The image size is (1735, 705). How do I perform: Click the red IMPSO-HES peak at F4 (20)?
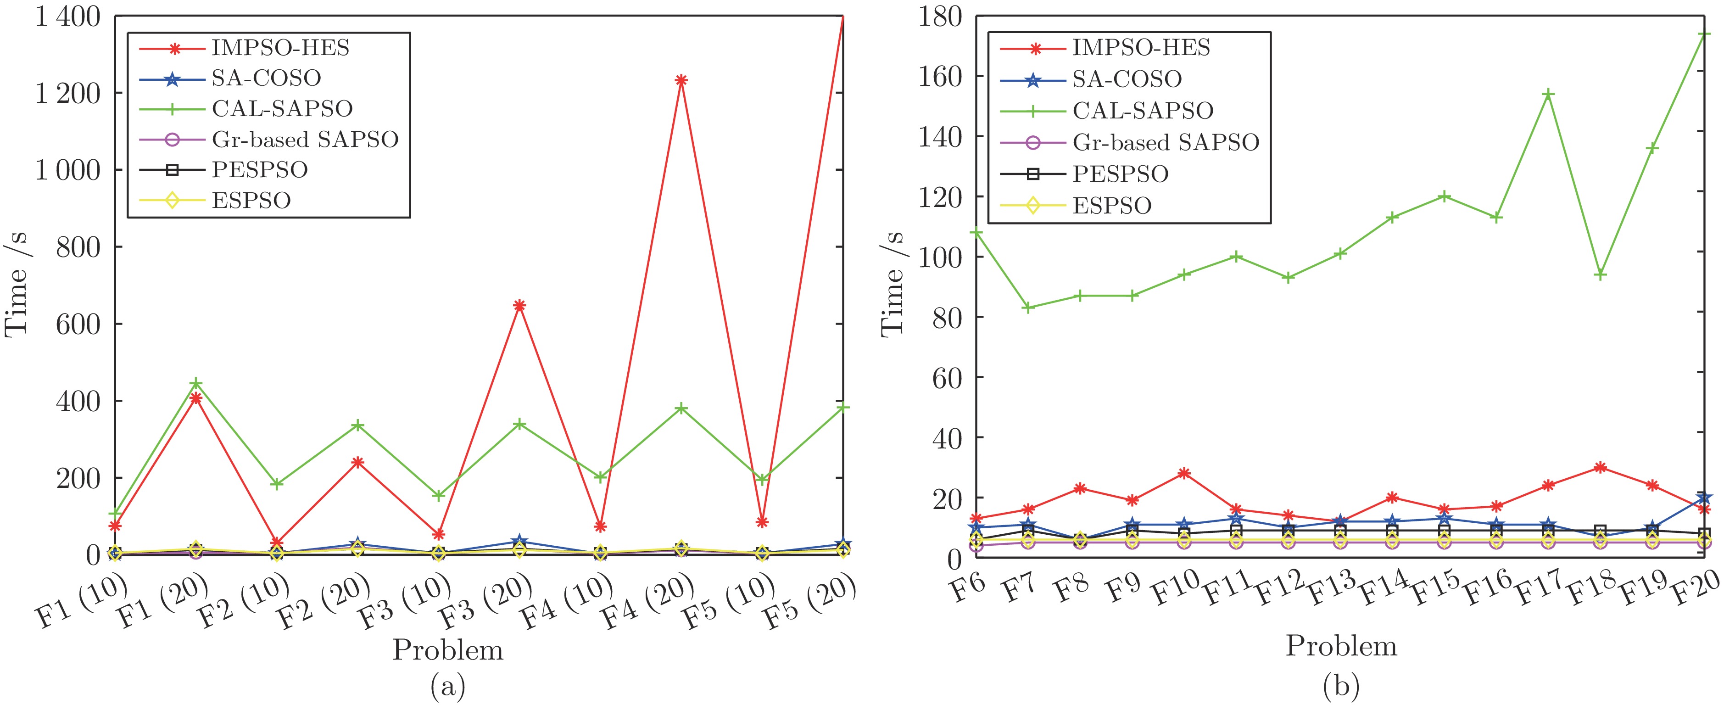click(x=681, y=80)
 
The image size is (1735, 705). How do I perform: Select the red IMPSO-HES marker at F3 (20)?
click(x=519, y=305)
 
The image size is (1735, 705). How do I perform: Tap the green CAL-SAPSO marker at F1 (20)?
click(x=196, y=384)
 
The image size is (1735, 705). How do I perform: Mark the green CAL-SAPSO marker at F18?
click(x=1600, y=274)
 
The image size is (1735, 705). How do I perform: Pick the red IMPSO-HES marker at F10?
click(x=1184, y=473)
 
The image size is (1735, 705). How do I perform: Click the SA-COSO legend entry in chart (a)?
click(x=266, y=78)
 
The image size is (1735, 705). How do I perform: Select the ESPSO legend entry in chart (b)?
click(x=1111, y=206)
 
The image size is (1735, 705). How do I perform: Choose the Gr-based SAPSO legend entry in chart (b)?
click(x=1165, y=142)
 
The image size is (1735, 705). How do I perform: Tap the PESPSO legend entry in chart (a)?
click(x=259, y=170)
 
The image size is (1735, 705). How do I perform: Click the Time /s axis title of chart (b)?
click(x=893, y=283)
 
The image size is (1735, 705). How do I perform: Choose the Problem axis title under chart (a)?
click(x=448, y=650)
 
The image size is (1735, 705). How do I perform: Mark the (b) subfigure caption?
click(x=1340, y=687)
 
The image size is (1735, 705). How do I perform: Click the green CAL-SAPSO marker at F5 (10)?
click(x=762, y=480)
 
